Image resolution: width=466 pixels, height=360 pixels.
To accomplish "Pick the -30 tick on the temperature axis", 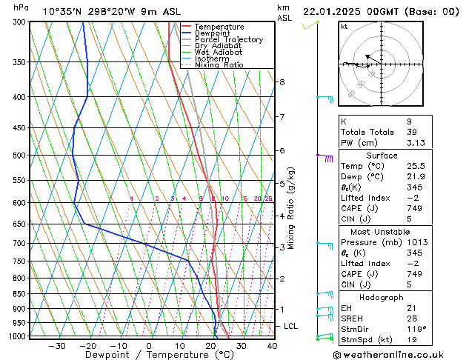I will (x=56, y=346).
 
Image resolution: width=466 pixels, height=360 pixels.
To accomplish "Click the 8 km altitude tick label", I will (x=282, y=82).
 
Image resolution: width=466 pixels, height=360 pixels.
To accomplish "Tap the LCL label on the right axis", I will (x=291, y=326).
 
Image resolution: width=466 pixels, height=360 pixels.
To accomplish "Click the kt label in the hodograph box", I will (x=344, y=27).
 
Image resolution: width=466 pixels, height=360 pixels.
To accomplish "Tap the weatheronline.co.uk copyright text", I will (x=390, y=355).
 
